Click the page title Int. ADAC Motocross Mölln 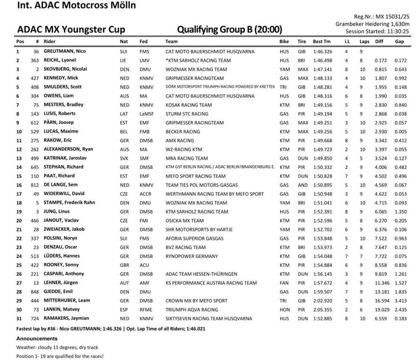point(76,6)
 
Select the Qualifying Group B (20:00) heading point(229,29)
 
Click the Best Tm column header point(322,42)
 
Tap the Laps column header point(364,42)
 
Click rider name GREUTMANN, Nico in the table point(65,51)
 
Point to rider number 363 point(35,61)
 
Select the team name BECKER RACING point(183,132)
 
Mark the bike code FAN point(284,283)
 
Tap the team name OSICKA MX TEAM point(184,220)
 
